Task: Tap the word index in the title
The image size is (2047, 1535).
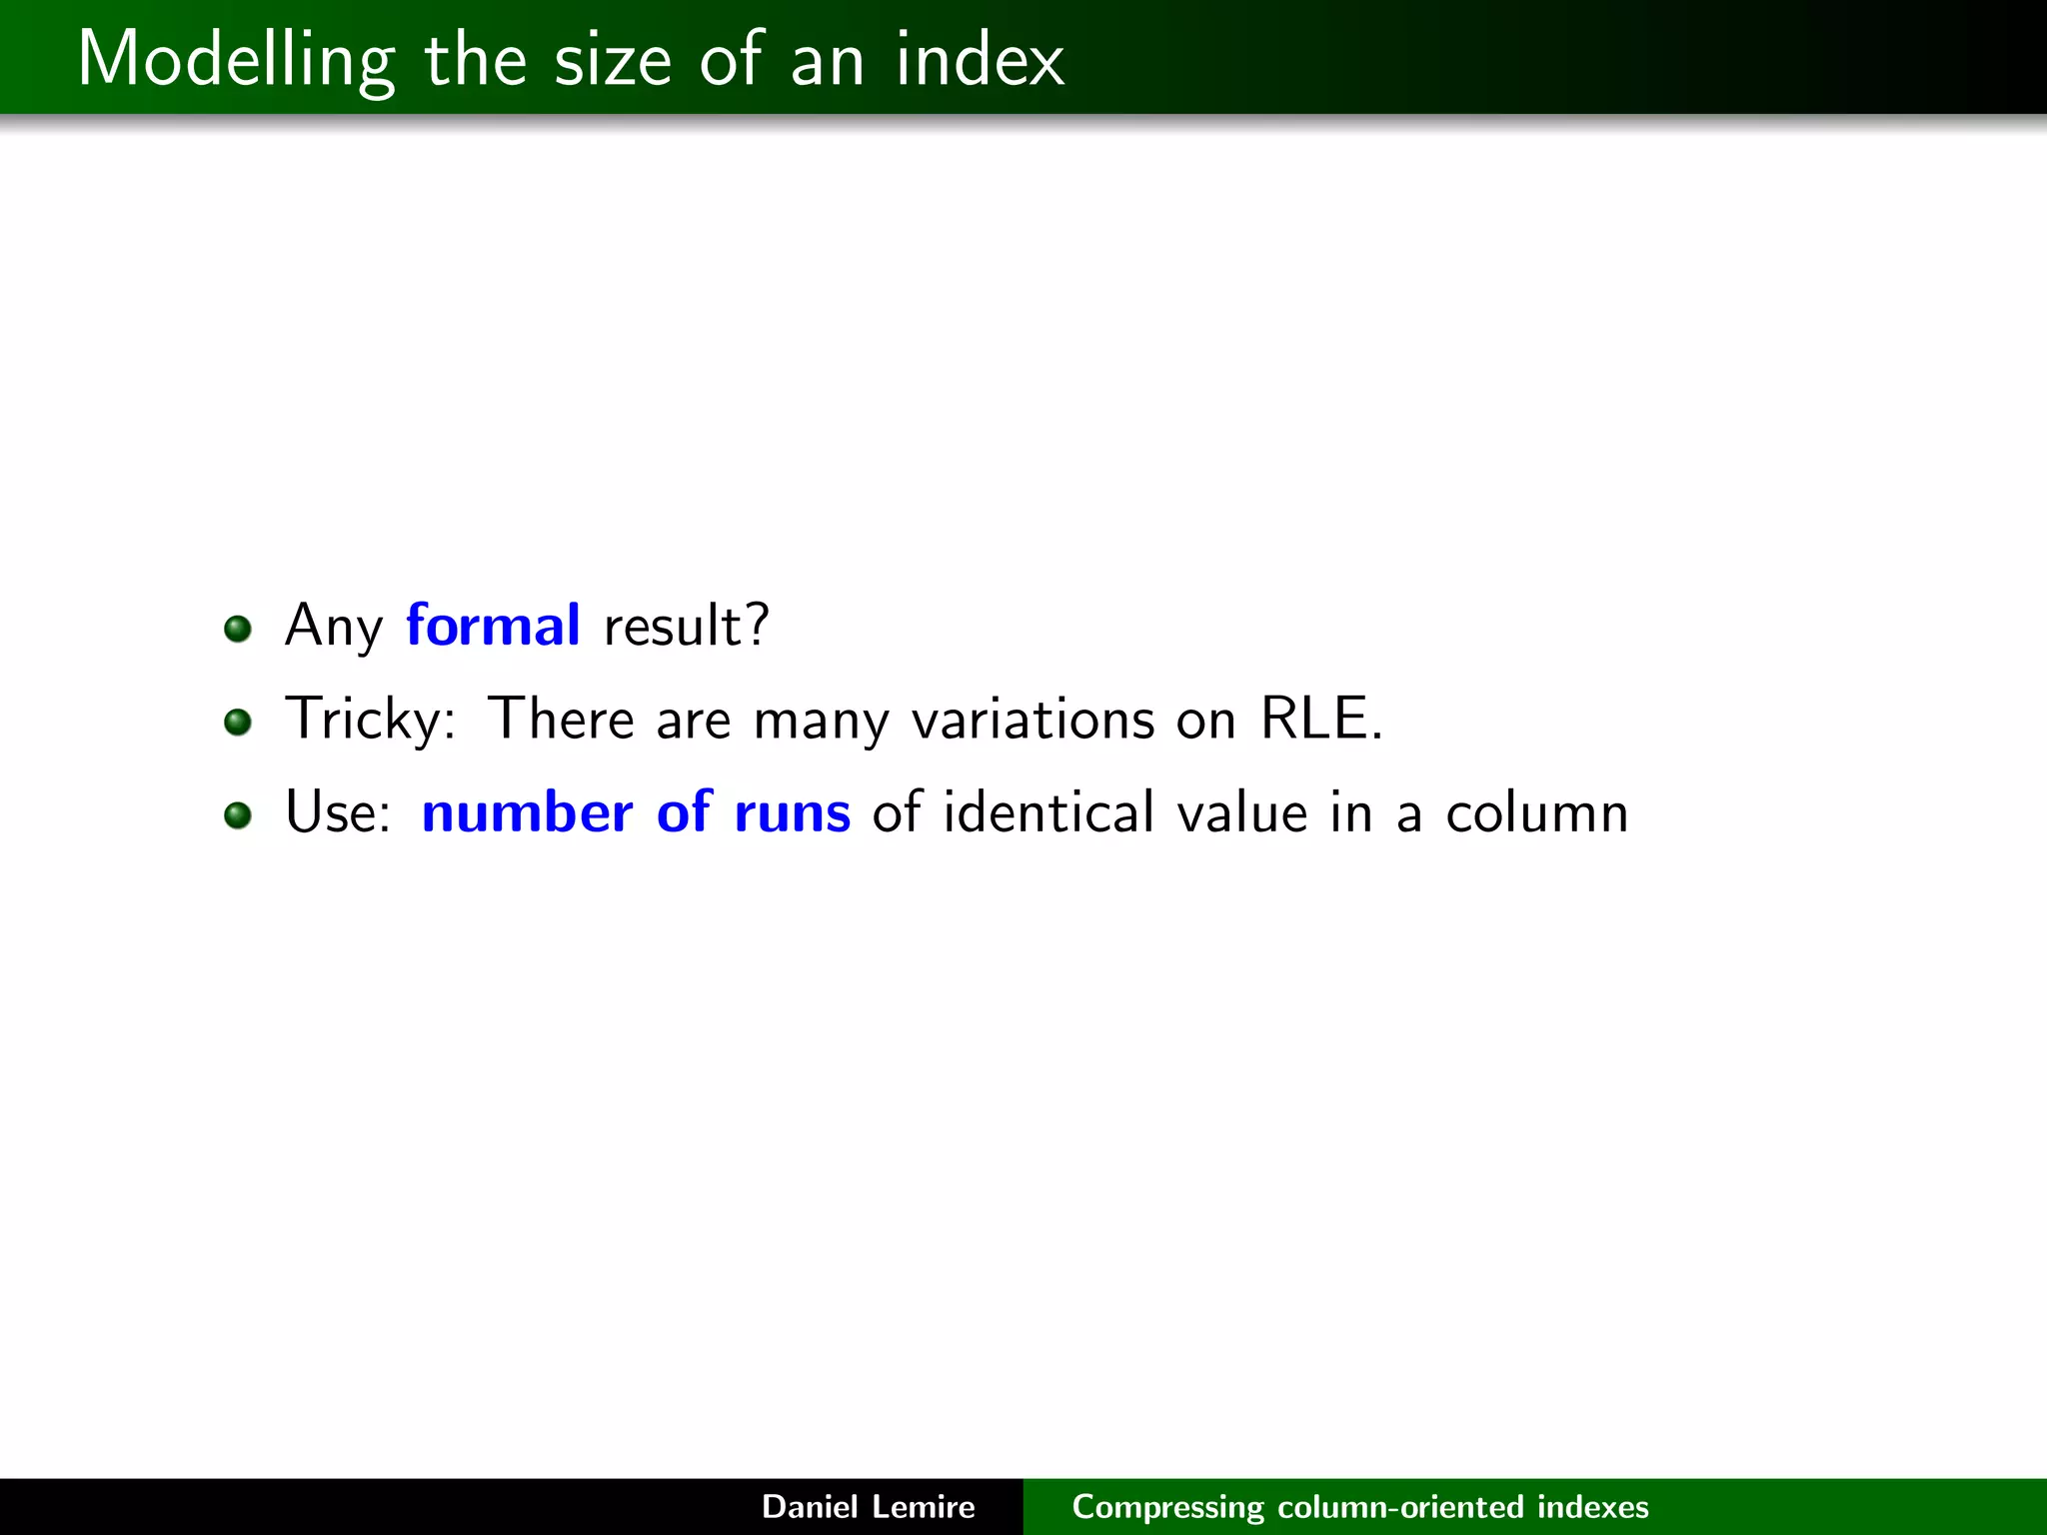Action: click(980, 60)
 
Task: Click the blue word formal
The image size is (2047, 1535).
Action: click(493, 626)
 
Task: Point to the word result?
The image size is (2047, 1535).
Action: click(687, 627)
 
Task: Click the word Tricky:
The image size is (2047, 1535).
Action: click(370, 720)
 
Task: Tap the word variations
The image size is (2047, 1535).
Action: click(1033, 720)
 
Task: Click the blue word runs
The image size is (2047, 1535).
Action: click(792, 812)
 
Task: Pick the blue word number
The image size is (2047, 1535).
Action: click(527, 812)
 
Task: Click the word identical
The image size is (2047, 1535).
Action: click(1048, 811)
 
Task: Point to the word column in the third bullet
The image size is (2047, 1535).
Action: click(1537, 813)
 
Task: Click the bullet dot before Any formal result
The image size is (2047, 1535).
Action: click(238, 629)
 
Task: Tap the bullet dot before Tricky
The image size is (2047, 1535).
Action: click(238, 722)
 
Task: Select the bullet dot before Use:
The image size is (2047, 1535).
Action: click(238, 814)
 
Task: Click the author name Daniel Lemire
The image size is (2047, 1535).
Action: click(868, 1506)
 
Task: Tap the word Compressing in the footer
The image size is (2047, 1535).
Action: click(1167, 1507)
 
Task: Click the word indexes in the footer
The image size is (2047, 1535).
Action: click(1592, 1506)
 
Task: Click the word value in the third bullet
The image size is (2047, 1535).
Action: click(1242, 812)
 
